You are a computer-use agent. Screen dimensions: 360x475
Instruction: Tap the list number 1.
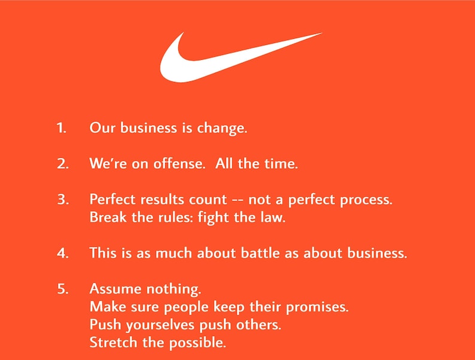click(61, 127)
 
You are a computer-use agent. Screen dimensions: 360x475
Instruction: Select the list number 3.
click(63, 199)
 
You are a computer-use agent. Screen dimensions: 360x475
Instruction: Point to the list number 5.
click(63, 289)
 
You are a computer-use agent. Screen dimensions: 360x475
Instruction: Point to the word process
click(368, 200)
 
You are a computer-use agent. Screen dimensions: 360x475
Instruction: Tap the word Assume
click(112, 289)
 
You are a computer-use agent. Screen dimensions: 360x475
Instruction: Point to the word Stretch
click(111, 343)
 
